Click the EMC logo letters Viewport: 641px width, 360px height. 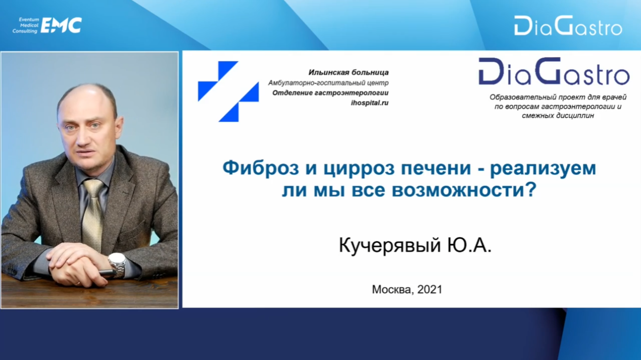[61, 25]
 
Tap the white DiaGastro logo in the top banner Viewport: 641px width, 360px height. [568, 26]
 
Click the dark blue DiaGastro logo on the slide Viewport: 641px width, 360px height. [554, 72]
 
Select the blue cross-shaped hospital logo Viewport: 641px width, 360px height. [228, 91]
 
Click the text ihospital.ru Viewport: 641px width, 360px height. [370, 103]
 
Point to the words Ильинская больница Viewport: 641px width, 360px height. [349, 72]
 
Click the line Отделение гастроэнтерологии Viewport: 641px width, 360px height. [330, 93]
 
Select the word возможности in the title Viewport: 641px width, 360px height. [464, 190]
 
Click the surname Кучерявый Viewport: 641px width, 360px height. [389, 245]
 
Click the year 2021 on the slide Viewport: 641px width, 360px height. [430, 289]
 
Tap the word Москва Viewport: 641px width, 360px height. [393, 290]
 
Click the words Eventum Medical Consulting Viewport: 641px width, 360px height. [26, 25]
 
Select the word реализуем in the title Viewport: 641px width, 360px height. [543, 169]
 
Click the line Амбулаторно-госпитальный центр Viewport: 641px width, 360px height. [328, 83]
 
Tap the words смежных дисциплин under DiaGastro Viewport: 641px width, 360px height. [558, 116]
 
